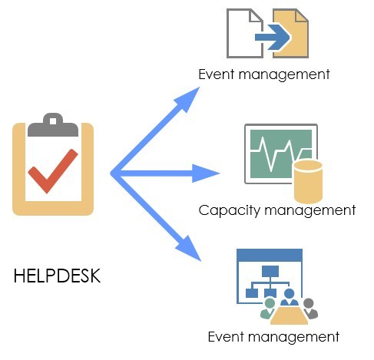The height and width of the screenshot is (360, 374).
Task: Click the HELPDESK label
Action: point(57,276)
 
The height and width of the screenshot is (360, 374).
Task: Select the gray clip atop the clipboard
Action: point(53,124)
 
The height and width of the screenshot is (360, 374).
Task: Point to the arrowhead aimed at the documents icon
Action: point(188,98)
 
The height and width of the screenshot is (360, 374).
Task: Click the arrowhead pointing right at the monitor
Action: point(205,173)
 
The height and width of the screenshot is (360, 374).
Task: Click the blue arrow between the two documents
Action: point(273,38)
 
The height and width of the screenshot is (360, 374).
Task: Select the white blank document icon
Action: point(243,33)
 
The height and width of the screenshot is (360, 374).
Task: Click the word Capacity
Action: point(229,210)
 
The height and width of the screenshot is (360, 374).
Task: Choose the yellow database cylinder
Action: point(308,182)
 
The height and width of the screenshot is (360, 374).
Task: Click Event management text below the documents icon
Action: point(264,74)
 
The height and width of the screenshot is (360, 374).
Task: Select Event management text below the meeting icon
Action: point(273,337)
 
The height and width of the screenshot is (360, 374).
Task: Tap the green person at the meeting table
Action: point(268,308)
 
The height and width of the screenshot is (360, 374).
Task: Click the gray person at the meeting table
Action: point(309,308)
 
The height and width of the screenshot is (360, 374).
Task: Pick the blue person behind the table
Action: point(290,297)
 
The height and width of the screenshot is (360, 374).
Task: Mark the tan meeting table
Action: point(290,315)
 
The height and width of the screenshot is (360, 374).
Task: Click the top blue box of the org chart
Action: point(270,271)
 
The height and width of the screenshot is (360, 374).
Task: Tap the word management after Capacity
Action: point(309,210)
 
